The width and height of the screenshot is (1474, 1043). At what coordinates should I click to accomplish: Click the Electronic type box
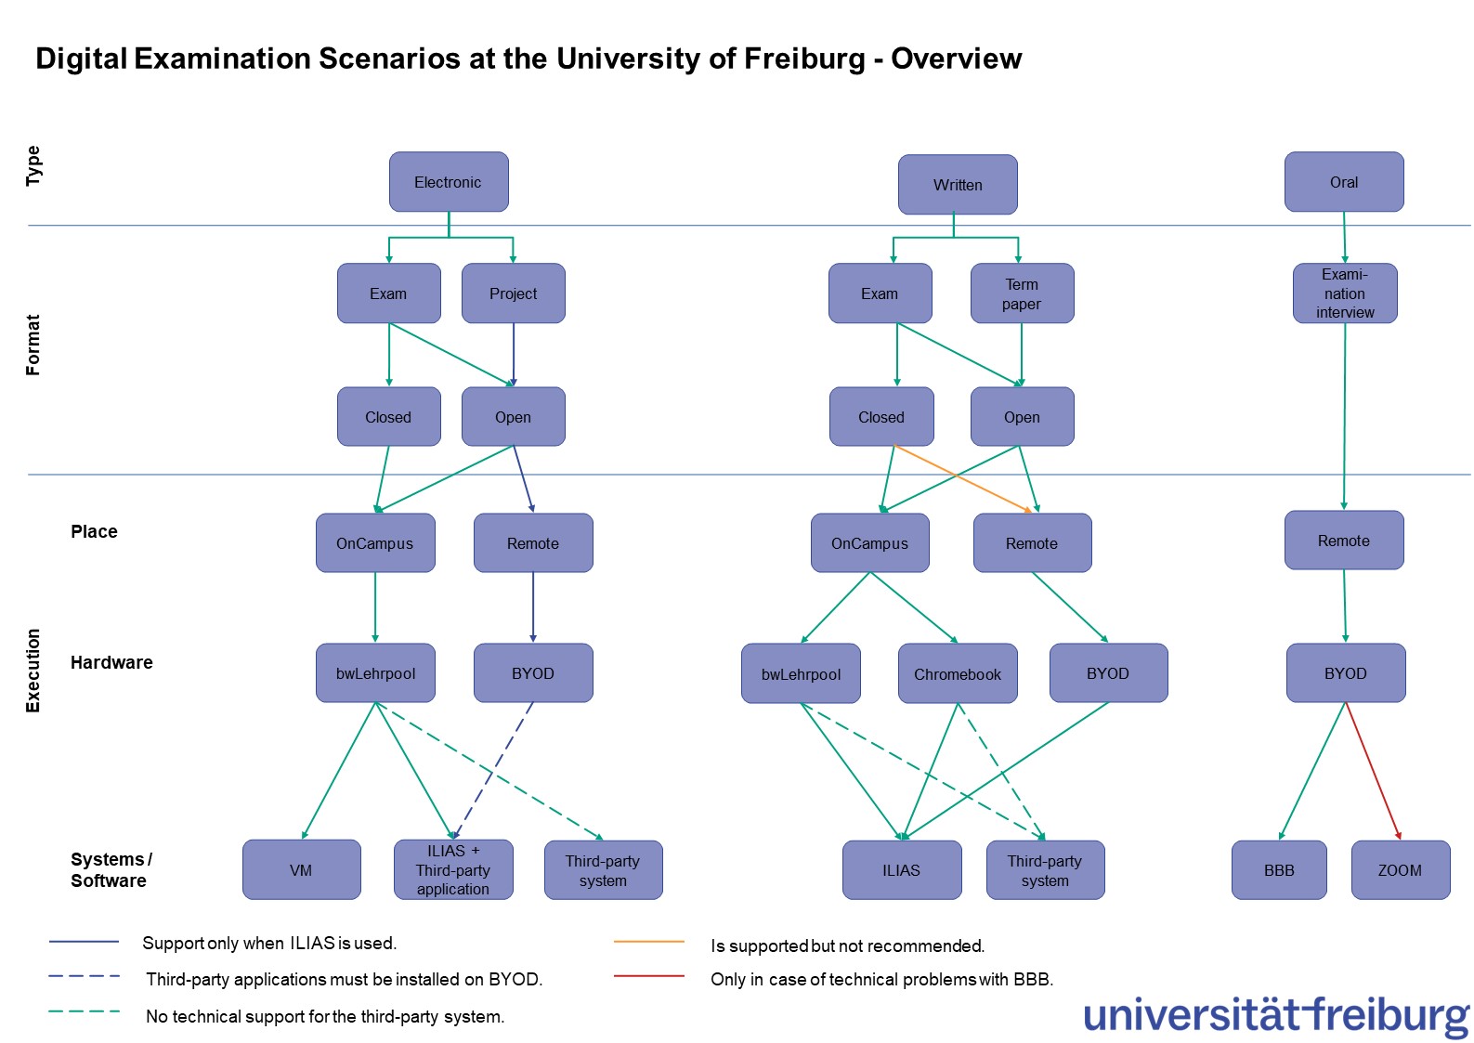[x=449, y=182]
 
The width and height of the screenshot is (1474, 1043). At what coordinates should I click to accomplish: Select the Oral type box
[x=1343, y=182]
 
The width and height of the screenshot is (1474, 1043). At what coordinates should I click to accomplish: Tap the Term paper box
[x=1022, y=293]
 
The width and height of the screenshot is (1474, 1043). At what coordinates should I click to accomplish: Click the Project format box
[x=513, y=293]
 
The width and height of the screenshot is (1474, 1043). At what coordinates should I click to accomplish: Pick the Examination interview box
[x=1344, y=293]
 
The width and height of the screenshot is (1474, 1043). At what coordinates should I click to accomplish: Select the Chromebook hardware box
[x=957, y=674]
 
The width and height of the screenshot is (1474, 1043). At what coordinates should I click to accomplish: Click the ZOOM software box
[x=1400, y=870]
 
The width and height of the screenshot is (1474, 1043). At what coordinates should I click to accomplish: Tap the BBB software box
[x=1278, y=870]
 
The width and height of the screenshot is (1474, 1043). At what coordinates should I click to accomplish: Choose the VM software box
[x=301, y=870]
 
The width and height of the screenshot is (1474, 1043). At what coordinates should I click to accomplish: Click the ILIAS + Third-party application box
[x=452, y=870]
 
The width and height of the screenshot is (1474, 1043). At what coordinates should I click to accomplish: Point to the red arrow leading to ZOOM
[x=1373, y=771]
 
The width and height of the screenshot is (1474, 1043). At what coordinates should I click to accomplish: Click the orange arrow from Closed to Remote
[x=962, y=478]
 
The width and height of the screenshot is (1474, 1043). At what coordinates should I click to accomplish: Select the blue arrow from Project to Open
[x=514, y=354]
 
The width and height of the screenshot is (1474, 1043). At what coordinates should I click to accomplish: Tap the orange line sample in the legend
[x=648, y=942]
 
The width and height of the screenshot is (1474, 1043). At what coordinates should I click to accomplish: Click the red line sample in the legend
[x=648, y=976]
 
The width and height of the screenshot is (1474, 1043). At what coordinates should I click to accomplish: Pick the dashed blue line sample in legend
[x=84, y=976]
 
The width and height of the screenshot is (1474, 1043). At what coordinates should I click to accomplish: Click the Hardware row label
[x=111, y=662]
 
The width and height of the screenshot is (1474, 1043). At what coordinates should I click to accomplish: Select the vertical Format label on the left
[x=33, y=345]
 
